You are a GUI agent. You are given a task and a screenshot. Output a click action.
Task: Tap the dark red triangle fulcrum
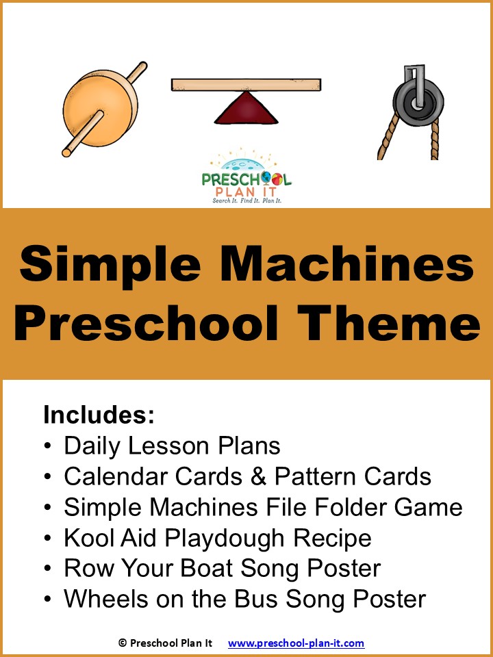(246, 109)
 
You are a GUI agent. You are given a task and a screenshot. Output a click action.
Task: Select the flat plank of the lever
(246, 85)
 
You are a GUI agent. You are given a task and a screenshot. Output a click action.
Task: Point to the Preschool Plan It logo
(246, 179)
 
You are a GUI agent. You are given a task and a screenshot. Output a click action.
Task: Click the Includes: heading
(99, 415)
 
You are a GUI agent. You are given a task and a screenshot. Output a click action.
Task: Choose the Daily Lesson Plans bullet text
(172, 446)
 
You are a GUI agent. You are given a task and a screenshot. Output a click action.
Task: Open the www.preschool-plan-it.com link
(296, 643)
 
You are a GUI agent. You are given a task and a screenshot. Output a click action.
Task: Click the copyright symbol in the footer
(123, 643)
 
